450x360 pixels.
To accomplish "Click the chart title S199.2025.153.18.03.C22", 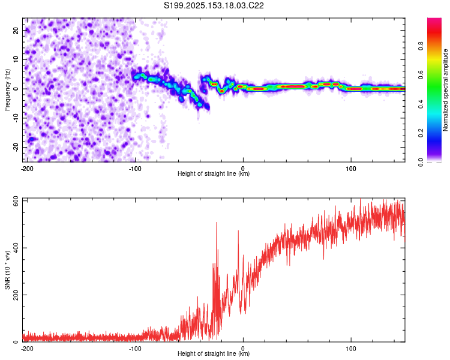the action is tap(214, 5).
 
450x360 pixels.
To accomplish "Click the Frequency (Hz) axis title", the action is tap(7, 90).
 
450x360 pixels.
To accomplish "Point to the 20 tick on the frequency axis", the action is tap(16, 31).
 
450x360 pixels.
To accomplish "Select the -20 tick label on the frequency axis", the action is tap(16, 147).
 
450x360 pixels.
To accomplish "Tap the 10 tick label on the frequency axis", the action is tap(16, 59).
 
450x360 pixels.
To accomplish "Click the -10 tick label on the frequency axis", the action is tap(16, 118).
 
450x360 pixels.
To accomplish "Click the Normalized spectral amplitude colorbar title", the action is tap(445, 90).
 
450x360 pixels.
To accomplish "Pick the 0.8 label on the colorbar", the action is tap(421, 46).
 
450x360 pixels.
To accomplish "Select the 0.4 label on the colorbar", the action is tap(421, 104).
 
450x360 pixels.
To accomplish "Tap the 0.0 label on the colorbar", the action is tap(421, 162).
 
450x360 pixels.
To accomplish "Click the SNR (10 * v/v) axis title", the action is tap(7, 270).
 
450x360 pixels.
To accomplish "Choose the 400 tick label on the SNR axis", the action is tap(16, 248).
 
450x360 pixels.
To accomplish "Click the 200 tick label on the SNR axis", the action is tap(16, 295).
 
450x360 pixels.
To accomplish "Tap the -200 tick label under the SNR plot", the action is tap(27, 349).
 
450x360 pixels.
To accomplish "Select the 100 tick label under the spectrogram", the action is tap(351, 169).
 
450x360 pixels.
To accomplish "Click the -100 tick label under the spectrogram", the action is tap(135, 169).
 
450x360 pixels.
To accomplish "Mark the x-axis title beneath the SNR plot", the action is tap(214, 353).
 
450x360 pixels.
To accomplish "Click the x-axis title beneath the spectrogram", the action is tap(214, 173).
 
